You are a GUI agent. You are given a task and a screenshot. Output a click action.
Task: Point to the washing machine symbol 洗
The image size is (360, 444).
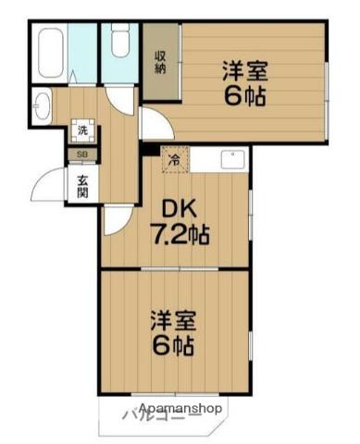[x=82, y=130]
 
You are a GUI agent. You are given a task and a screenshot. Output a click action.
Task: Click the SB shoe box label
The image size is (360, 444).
[x=81, y=153]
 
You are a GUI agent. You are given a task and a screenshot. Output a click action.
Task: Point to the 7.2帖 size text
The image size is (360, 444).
[x=180, y=234]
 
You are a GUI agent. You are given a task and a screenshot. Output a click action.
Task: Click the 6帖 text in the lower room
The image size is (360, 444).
[x=173, y=348]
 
